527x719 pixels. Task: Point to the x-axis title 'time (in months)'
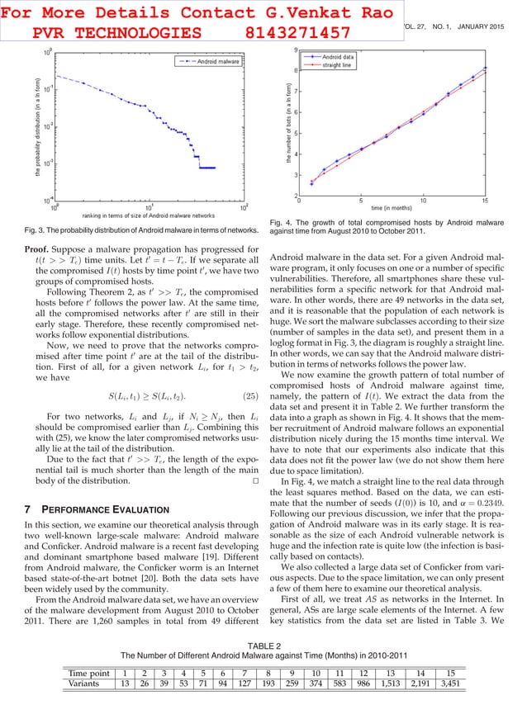click(x=393, y=208)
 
